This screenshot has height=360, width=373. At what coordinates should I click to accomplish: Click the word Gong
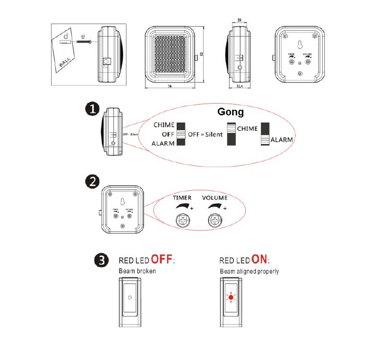(x=231, y=111)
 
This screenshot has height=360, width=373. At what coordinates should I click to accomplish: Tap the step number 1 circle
(x=92, y=110)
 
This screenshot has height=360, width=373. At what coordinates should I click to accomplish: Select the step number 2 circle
(x=92, y=182)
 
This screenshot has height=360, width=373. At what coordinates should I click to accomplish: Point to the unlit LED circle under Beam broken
(x=130, y=297)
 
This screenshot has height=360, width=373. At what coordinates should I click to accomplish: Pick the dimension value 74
(x=168, y=87)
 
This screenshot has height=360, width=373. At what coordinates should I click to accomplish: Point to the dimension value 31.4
(x=240, y=87)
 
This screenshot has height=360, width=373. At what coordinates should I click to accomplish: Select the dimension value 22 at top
(x=240, y=21)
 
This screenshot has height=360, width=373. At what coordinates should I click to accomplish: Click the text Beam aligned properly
(x=250, y=271)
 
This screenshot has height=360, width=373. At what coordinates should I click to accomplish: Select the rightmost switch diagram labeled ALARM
(x=264, y=134)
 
